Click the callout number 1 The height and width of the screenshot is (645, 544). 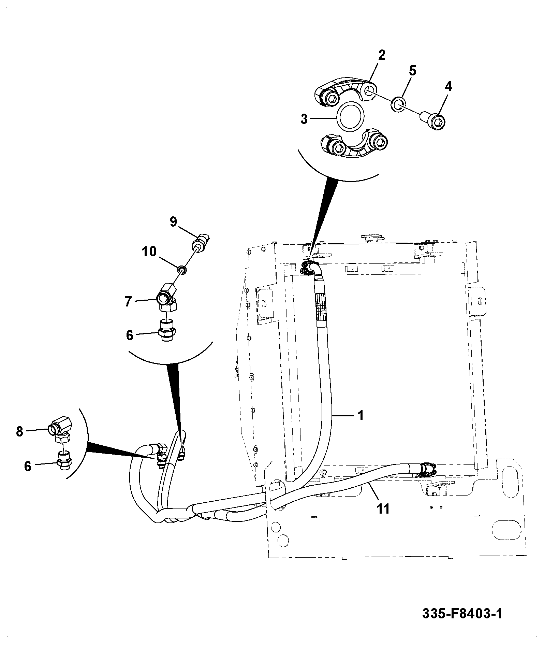click(360, 415)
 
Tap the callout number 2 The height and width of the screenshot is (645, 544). click(382, 55)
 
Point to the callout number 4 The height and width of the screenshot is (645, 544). click(449, 87)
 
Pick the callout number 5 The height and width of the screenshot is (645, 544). click(412, 71)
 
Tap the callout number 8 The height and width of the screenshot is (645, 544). click(19, 431)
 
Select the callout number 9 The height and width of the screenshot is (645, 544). click(174, 222)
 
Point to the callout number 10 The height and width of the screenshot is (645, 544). click(149, 252)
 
